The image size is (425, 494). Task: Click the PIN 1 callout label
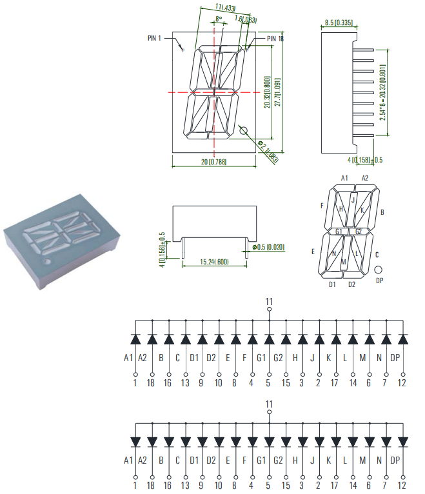[157, 38]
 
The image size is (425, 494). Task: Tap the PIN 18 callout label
[275, 39]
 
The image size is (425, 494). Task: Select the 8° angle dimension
[219, 19]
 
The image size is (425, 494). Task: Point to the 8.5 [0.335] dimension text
[339, 23]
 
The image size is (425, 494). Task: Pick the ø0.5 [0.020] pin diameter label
[268, 247]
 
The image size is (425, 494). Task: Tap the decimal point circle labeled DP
[379, 270]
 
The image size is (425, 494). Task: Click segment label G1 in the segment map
[339, 231]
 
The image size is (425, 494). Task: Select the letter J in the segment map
[352, 200]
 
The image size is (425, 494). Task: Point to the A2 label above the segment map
[365, 178]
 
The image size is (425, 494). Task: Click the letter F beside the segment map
[321, 206]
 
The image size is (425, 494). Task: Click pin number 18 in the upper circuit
[152, 383]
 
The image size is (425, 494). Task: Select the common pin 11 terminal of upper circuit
[270, 310]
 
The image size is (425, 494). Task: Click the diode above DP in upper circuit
[403, 339]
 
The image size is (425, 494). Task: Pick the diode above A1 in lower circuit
[135, 441]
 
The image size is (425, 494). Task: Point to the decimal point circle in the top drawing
[244, 130]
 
